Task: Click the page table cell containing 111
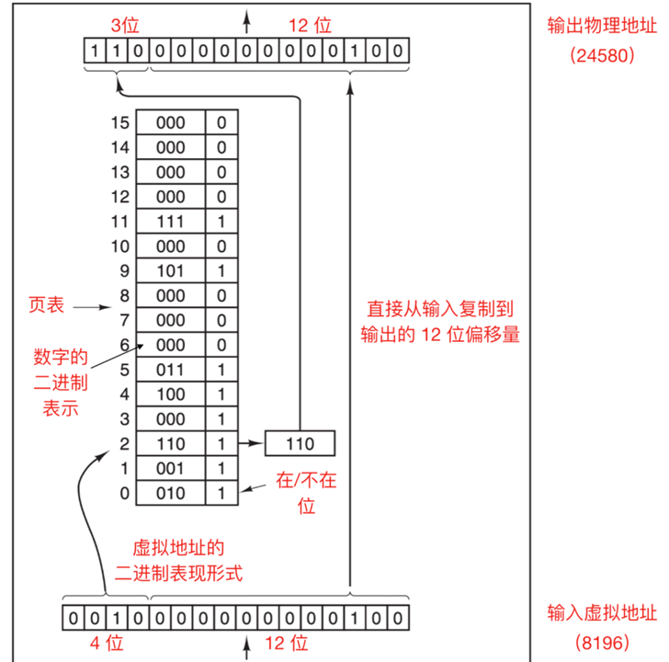(x=170, y=222)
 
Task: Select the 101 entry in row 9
(x=170, y=271)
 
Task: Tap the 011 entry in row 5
(x=170, y=371)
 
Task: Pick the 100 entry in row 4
(x=170, y=395)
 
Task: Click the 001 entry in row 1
(x=170, y=469)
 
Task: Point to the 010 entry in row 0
(x=170, y=494)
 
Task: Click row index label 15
(x=117, y=122)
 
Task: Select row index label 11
(x=117, y=222)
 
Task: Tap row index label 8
(x=117, y=296)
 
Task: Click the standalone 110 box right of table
(x=300, y=444)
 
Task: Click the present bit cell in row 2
(x=221, y=444)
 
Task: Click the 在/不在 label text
(x=295, y=490)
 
